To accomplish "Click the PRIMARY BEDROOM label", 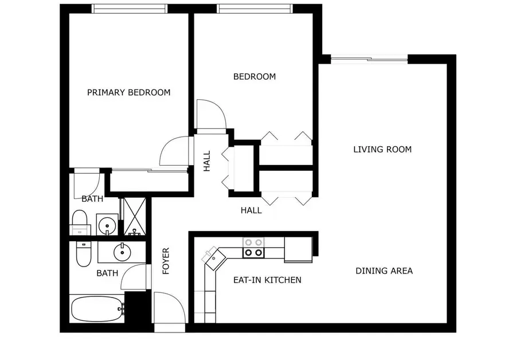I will (x=128, y=92).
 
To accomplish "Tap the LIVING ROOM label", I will (x=382, y=150).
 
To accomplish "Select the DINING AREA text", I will (x=384, y=271).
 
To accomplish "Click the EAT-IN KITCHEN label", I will (x=267, y=280).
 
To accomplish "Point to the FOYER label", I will (x=166, y=261).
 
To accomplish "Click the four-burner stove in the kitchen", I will (x=253, y=248).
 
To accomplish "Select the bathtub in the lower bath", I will (x=97, y=310).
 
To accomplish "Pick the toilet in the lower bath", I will (x=83, y=254).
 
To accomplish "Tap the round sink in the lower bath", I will (x=122, y=252).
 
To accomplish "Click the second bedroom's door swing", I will (x=210, y=114).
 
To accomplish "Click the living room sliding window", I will (x=370, y=58).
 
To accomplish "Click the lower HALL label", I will (x=251, y=210).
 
